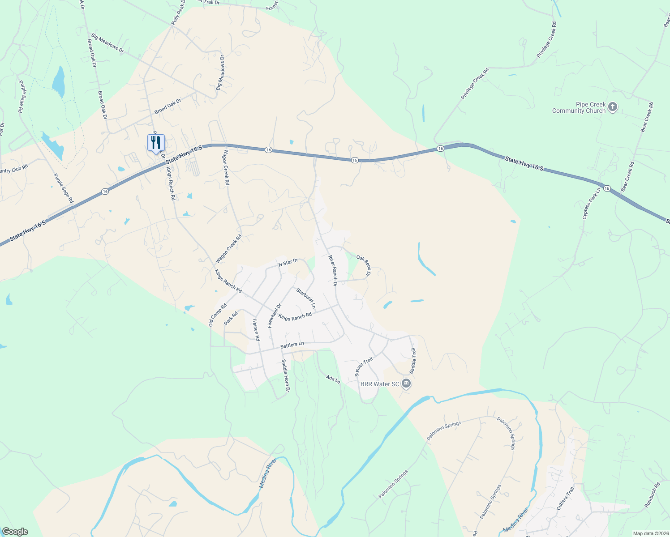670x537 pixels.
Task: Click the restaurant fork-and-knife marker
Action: click(156, 143)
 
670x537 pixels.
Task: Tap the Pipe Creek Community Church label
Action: click(579, 108)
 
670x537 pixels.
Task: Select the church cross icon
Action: click(613, 107)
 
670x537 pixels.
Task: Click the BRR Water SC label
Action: click(380, 384)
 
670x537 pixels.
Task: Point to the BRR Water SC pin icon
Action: click(406, 384)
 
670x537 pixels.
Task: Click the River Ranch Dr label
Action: click(332, 270)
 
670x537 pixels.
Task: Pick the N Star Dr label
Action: click(288, 262)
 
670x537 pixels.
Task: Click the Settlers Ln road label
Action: click(292, 345)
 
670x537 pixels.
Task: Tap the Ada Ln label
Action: click(333, 379)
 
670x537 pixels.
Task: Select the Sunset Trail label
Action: click(364, 367)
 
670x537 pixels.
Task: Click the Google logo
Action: click(15, 532)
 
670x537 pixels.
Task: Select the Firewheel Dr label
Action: click(275, 315)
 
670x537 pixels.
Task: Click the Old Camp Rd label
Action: click(218, 315)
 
